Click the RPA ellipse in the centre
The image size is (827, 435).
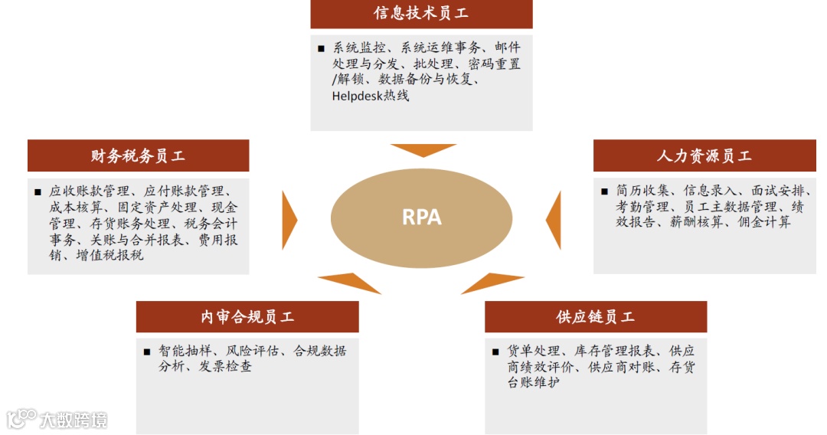pyautogui.click(x=422, y=217)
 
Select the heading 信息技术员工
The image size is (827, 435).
pyautogui.click(x=421, y=14)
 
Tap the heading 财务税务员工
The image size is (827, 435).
pyautogui.click(x=138, y=156)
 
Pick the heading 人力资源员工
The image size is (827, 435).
pyautogui.click(x=704, y=156)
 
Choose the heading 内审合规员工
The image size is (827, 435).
pyautogui.click(x=247, y=317)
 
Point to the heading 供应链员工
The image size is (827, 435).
pyautogui.click(x=596, y=317)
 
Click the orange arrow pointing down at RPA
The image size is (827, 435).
pyautogui.click(x=422, y=149)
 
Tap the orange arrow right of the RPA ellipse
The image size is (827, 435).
pyautogui.click(x=554, y=220)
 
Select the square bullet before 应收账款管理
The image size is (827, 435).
pyautogui.click(x=38, y=192)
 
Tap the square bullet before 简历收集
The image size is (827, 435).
pyautogui.click(x=604, y=191)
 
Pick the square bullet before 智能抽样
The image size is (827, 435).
pyautogui.click(x=146, y=352)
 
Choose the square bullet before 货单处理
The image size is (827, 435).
pyautogui.click(x=495, y=352)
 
